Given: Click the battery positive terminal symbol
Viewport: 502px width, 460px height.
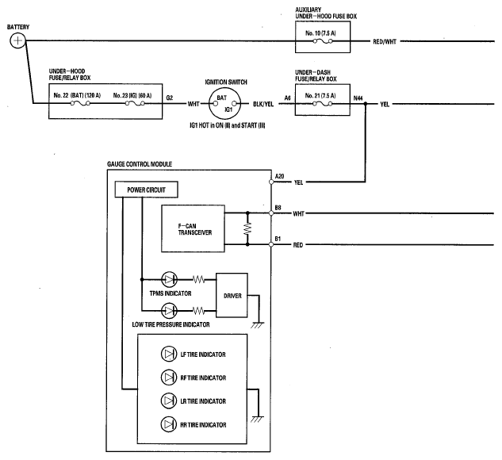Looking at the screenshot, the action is tap(17, 40).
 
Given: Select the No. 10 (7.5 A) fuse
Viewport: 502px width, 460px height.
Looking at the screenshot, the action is tap(323, 41).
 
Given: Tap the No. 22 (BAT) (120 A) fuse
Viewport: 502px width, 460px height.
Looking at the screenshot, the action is tap(80, 103).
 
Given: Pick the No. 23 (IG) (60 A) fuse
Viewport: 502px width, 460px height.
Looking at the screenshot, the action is tap(135, 103).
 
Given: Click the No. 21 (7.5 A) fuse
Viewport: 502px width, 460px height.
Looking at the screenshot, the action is tap(323, 104).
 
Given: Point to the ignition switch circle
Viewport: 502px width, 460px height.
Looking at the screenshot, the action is tap(224, 104).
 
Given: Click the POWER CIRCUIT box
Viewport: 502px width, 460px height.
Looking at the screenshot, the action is tap(146, 190).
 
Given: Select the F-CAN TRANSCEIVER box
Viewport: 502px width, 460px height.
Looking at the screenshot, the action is tap(193, 228).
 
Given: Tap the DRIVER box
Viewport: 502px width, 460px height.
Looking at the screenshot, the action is tap(232, 295).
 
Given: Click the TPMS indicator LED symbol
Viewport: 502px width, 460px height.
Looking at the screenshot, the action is tap(169, 279).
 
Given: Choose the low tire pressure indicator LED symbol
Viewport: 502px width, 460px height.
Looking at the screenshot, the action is tap(169, 311).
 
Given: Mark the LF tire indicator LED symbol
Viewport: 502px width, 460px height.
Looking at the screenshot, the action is tap(169, 354).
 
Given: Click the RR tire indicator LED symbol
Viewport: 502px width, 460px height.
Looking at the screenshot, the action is tap(169, 424).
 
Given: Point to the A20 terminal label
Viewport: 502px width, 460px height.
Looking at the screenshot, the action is tap(279, 176).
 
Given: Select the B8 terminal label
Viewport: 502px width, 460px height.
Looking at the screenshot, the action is tap(278, 208).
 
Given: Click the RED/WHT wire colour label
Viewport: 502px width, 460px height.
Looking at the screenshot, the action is tap(385, 41).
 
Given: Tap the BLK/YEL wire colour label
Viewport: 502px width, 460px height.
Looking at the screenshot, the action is tap(263, 104).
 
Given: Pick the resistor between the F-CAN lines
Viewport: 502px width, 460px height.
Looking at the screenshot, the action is tap(247, 228).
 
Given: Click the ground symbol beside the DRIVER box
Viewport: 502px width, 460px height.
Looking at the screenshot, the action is tap(258, 325).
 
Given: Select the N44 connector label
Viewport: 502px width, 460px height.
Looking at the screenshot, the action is tap(358, 98).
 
